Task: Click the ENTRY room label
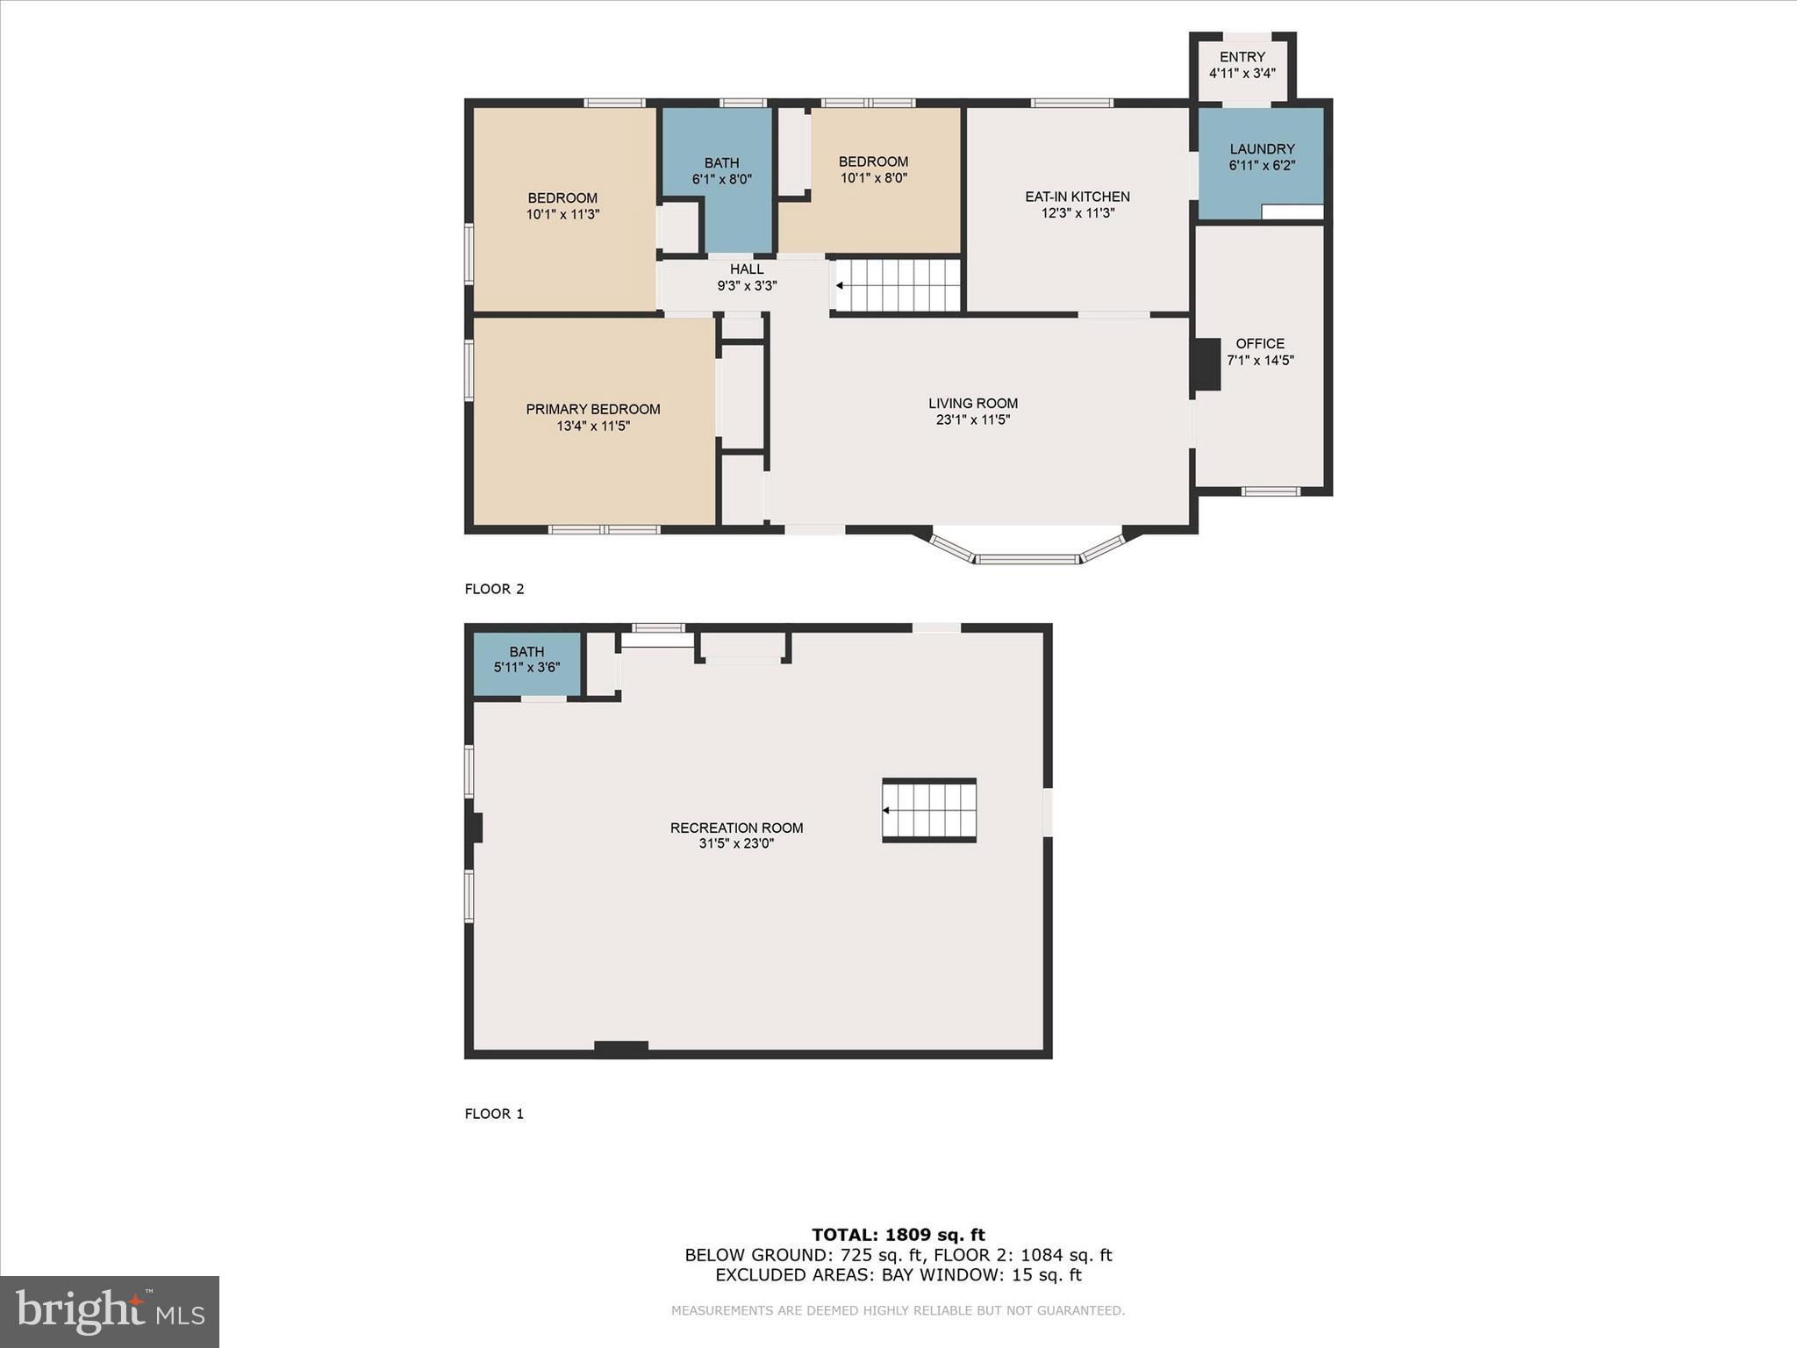(1242, 57)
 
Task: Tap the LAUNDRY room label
(1262, 149)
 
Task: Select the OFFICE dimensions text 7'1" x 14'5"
(1260, 360)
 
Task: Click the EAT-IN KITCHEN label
(1077, 197)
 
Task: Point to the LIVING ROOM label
(973, 404)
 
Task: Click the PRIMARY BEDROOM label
(593, 409)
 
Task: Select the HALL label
(747, 269)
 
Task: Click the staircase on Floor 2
(898, 285)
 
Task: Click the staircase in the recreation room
(930, 810)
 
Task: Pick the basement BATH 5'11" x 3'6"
(526, 660)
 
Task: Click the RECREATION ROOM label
(736, 828)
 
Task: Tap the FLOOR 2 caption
(494, 589)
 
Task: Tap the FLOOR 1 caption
(494, 1114)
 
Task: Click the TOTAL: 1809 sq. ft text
(898, 1235)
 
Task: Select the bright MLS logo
(110, 1312)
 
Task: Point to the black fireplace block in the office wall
(1206, 364)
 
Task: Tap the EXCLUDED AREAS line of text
(898, 1275)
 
